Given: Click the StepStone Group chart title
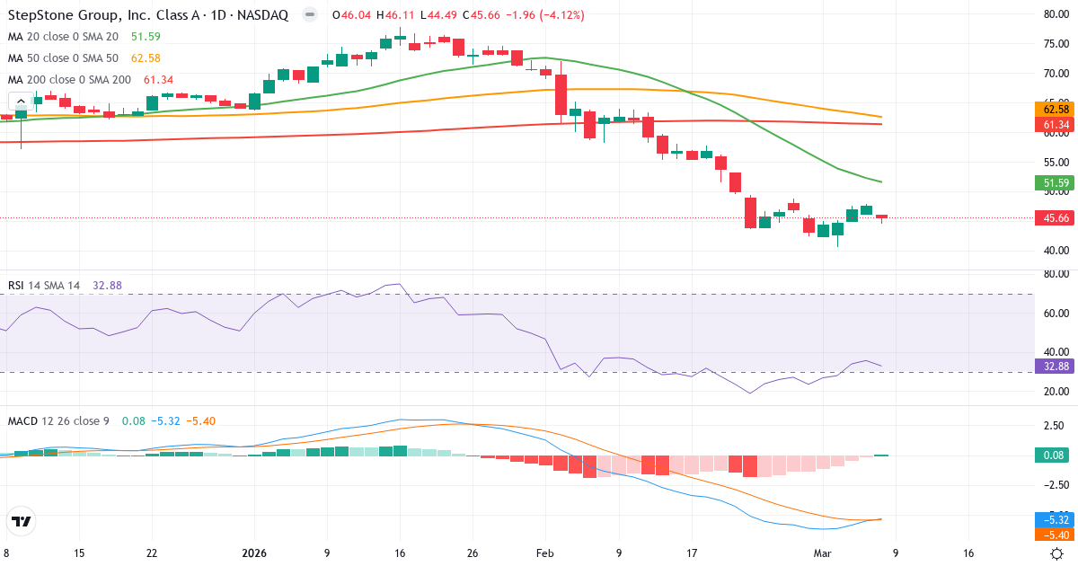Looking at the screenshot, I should (x=149, y=15).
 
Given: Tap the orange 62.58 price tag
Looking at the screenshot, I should (x=1051, y=109).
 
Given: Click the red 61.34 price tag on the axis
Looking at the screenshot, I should (x=1051, y=124).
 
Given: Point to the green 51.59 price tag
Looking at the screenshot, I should (x=1051, y=183).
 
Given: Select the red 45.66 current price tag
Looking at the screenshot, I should (x=1051, y=217).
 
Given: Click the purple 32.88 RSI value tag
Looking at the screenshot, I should (x=1051, y=366).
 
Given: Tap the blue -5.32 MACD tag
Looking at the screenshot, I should (x=1051, y=519).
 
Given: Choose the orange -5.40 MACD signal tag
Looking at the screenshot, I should (x=1051, y=535).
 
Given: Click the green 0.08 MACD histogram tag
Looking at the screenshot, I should (x=1051, y=455).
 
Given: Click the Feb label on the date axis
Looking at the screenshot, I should (x=545, y=553).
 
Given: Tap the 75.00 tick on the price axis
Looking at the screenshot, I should (x=1055, y=44).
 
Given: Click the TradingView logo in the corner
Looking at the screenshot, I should (x=21, y=521).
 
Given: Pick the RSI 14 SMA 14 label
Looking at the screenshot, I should (x=44, y=286).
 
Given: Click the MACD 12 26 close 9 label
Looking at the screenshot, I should (x=58, y=420).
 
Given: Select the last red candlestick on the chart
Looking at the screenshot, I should (x=881, y=217).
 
